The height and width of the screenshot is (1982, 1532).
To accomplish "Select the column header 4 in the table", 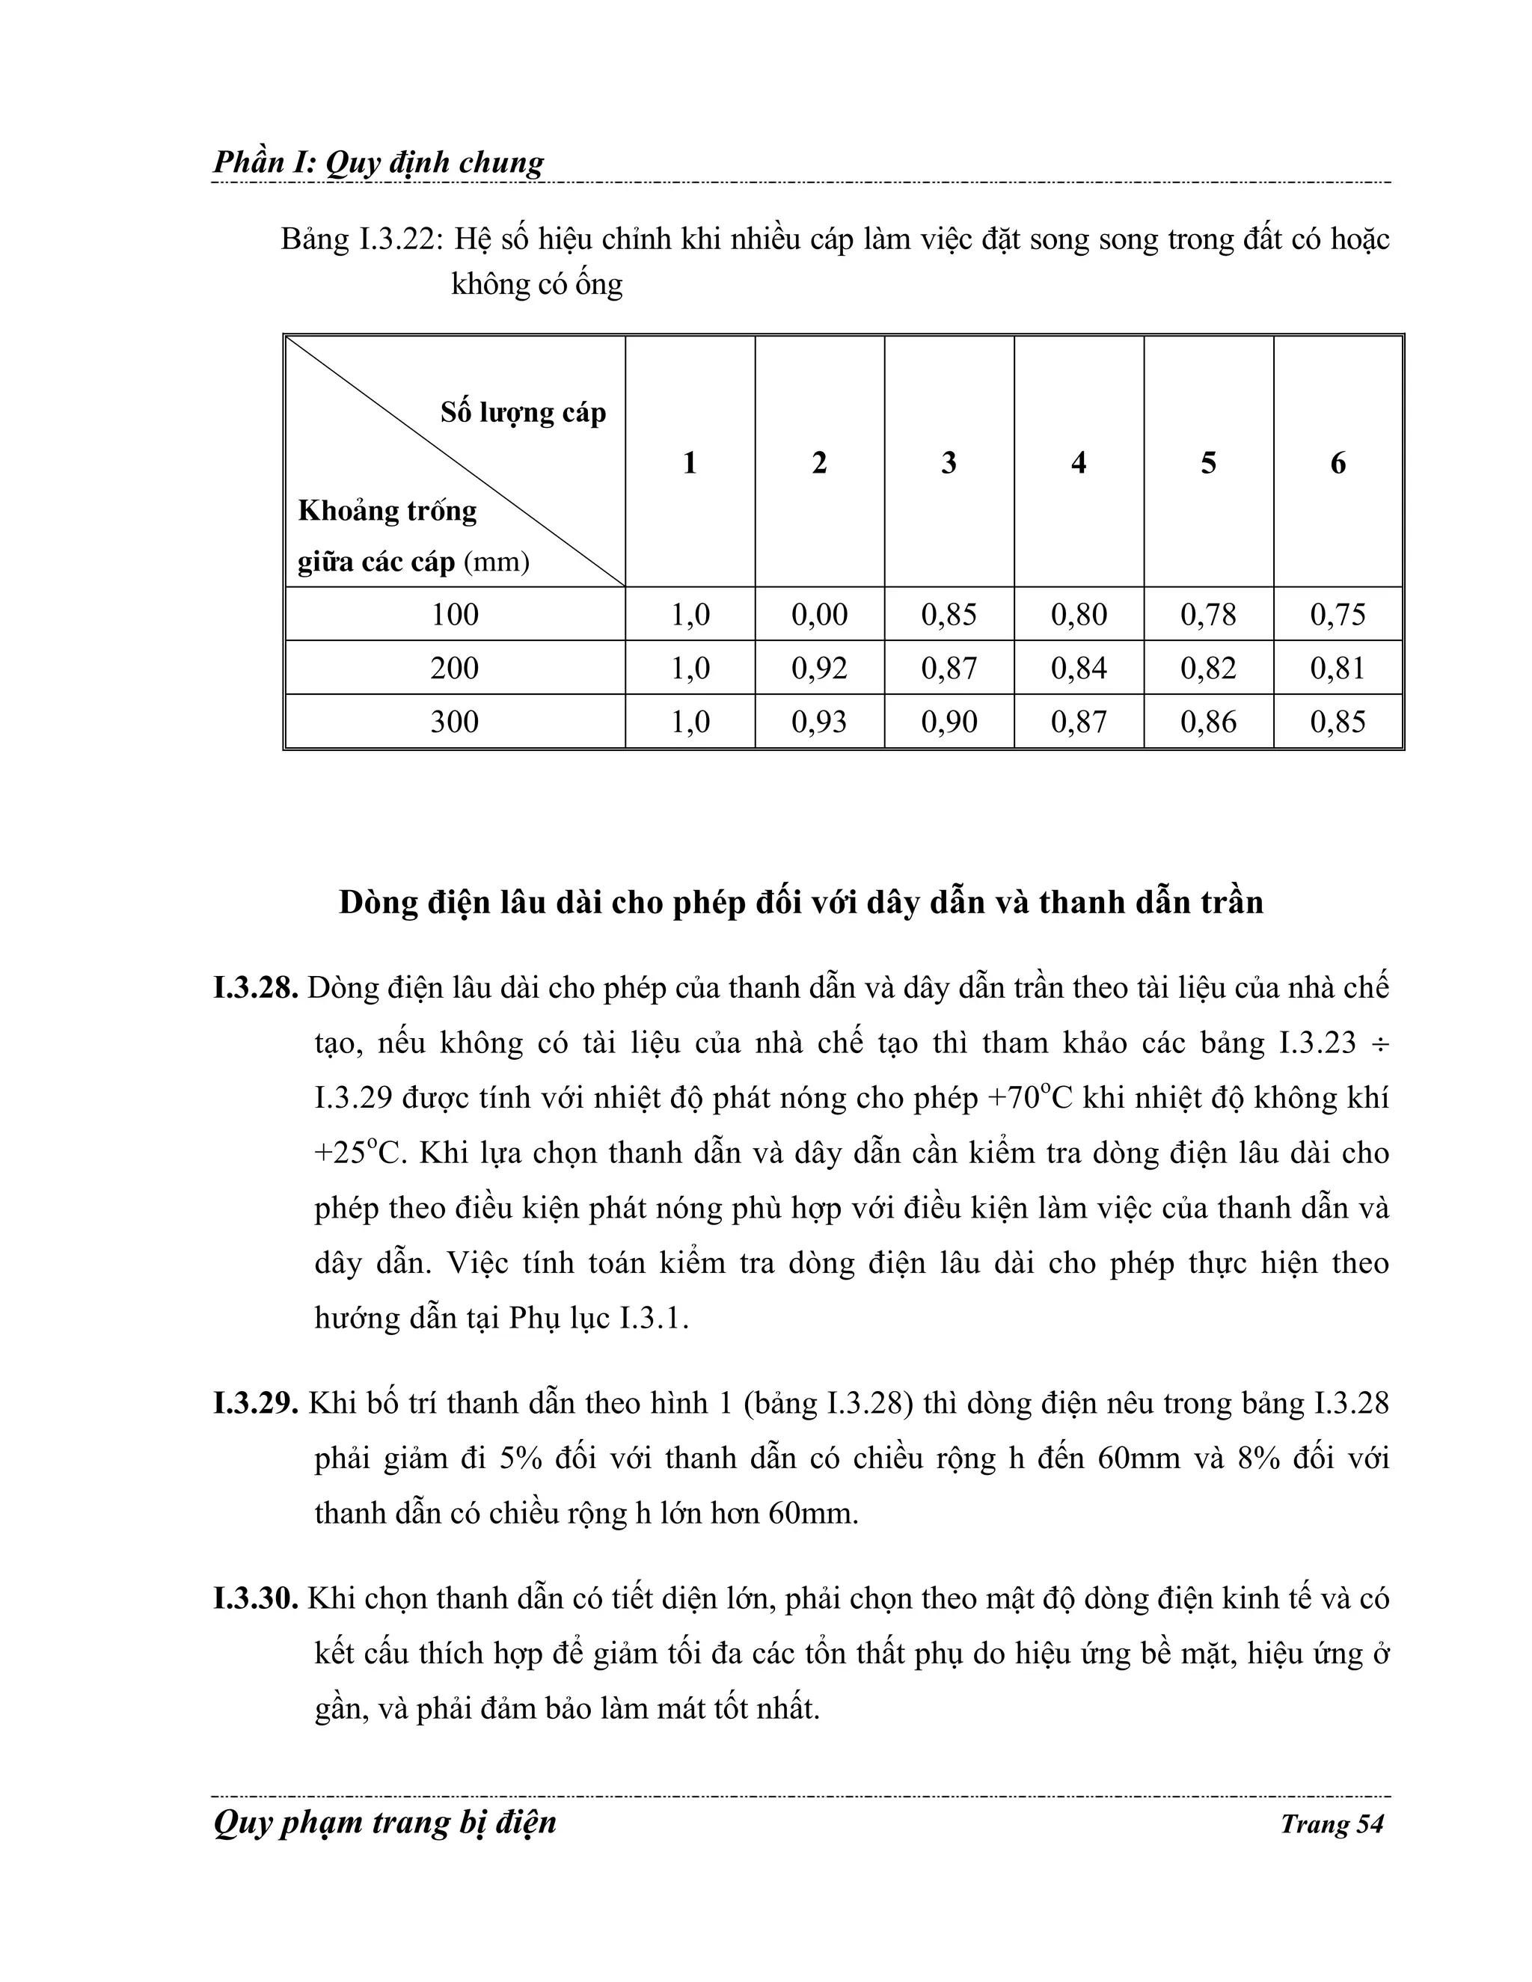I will pos(1078,463).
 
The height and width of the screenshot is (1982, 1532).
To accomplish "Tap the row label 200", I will pos(454,668).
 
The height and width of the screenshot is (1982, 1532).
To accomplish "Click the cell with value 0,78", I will pos(1208,614).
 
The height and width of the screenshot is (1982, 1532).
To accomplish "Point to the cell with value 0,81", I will pos(1338,668).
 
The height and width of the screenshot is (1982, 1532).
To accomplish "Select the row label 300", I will pos(454,722).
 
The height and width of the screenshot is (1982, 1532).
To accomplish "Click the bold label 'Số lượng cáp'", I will pos(523,413).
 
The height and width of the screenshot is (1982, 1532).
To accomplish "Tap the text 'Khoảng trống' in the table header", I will pos(387,511).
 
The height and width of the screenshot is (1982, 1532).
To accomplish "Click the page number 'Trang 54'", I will pos(1332,1824).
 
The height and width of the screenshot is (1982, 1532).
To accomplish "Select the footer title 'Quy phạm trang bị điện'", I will pos(384,1822).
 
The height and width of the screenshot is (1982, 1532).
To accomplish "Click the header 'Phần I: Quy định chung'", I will pos(379,162).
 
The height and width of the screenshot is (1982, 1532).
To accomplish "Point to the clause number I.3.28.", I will pos(256,988).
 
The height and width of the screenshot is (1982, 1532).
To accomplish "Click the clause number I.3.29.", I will pos(256,1403).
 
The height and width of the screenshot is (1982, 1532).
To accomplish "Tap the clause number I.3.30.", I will pos(256,1598).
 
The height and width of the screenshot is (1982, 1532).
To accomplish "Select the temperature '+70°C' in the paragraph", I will pos(1029,1098).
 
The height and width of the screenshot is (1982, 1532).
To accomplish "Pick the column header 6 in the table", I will pos(1338,463).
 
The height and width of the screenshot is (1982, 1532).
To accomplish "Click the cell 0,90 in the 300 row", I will pos(949,722).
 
